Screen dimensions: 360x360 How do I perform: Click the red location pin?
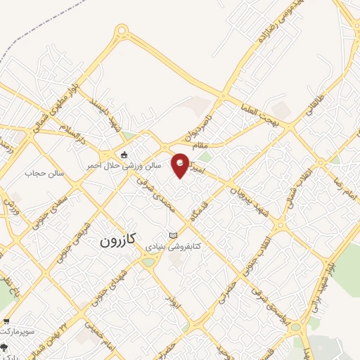pos(181,164)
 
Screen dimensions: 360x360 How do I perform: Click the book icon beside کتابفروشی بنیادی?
pos(174,235)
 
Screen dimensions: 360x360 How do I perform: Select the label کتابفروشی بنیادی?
pos(173,247)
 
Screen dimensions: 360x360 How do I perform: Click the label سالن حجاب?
pos(45,172)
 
